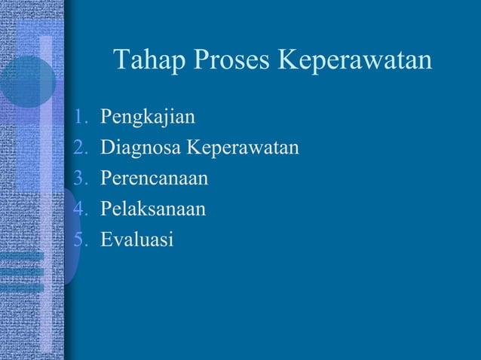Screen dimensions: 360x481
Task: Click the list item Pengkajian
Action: click(x=148, y=118)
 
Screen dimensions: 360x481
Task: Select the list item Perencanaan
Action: click(x=155, y=178)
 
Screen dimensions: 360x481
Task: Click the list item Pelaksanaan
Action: click(x=153, y=209)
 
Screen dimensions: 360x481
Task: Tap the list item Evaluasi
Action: click(x=136, y=239)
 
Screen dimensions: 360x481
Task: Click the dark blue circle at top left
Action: click(x=26, y=81)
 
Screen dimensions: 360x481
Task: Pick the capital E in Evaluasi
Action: click(x=106, y=239)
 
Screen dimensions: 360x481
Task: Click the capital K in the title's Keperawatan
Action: click(x=290, y=60)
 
